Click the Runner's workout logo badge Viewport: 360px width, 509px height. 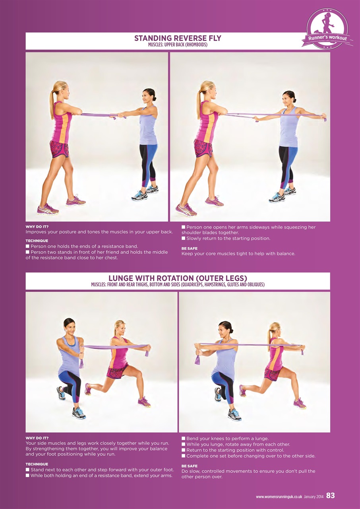(327, 29)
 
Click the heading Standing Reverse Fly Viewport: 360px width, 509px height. (178, 38)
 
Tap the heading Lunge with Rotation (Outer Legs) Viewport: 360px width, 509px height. (178, 278)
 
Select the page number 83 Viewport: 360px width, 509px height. (330, 495)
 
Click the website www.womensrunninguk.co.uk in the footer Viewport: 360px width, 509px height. (279, 496)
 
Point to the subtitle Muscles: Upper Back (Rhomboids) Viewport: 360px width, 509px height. (178, 45)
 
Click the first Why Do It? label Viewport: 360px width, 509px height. (37, 227)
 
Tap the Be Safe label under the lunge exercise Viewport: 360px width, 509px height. (189, 466)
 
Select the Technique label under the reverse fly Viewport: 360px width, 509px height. (37, 241)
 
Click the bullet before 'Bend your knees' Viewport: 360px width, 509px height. (184, 439)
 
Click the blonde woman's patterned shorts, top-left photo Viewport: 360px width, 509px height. (59, 149)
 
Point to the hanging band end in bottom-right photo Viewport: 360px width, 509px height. (197, 359)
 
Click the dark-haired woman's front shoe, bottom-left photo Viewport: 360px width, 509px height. (78, 413)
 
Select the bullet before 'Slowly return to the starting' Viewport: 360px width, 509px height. (184, 239)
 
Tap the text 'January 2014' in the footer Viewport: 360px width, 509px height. (314, 496)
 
